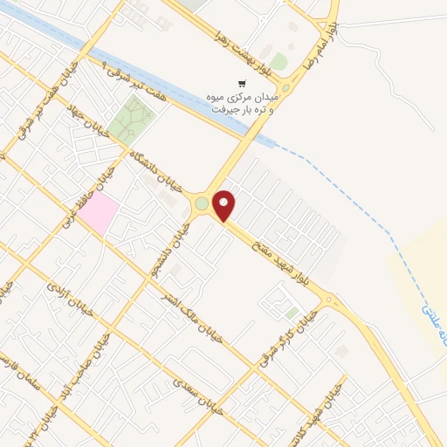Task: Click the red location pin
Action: point(226,205)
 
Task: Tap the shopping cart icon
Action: point(242,84)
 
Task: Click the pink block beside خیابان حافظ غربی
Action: point(101,213)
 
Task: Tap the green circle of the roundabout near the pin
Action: point(202,203)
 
